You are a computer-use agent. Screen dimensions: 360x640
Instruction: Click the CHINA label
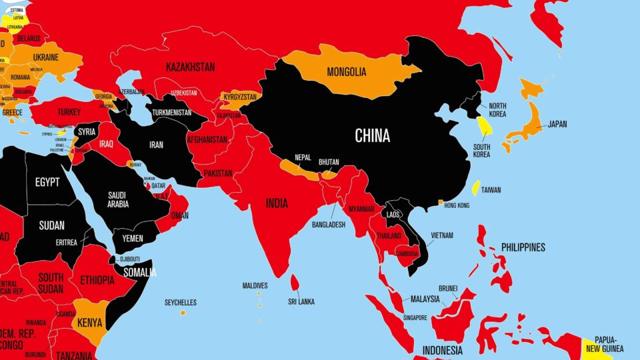(372, 137)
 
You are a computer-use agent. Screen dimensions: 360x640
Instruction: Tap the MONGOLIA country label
(346, 72)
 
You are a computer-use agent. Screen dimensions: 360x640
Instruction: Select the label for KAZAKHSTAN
(190, 67)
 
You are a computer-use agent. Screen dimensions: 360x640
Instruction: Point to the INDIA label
(277, 203)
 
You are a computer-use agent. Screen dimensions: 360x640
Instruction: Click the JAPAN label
(557, 124)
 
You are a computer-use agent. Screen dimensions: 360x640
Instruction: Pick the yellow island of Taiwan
(475, 188)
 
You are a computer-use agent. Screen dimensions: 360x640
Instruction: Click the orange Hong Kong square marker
(440, 202)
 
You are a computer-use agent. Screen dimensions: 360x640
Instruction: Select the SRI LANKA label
(301, 301)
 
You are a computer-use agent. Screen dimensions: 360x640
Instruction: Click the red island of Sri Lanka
(294, 283)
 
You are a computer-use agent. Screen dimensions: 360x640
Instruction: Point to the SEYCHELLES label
(180, 303)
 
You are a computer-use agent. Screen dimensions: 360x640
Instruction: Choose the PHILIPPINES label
(523, 247)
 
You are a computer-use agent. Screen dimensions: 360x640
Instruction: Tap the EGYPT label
(47, 182)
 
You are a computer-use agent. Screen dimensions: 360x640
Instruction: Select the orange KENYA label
(90, 323)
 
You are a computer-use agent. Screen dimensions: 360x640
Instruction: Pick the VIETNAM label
(441, 235)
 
